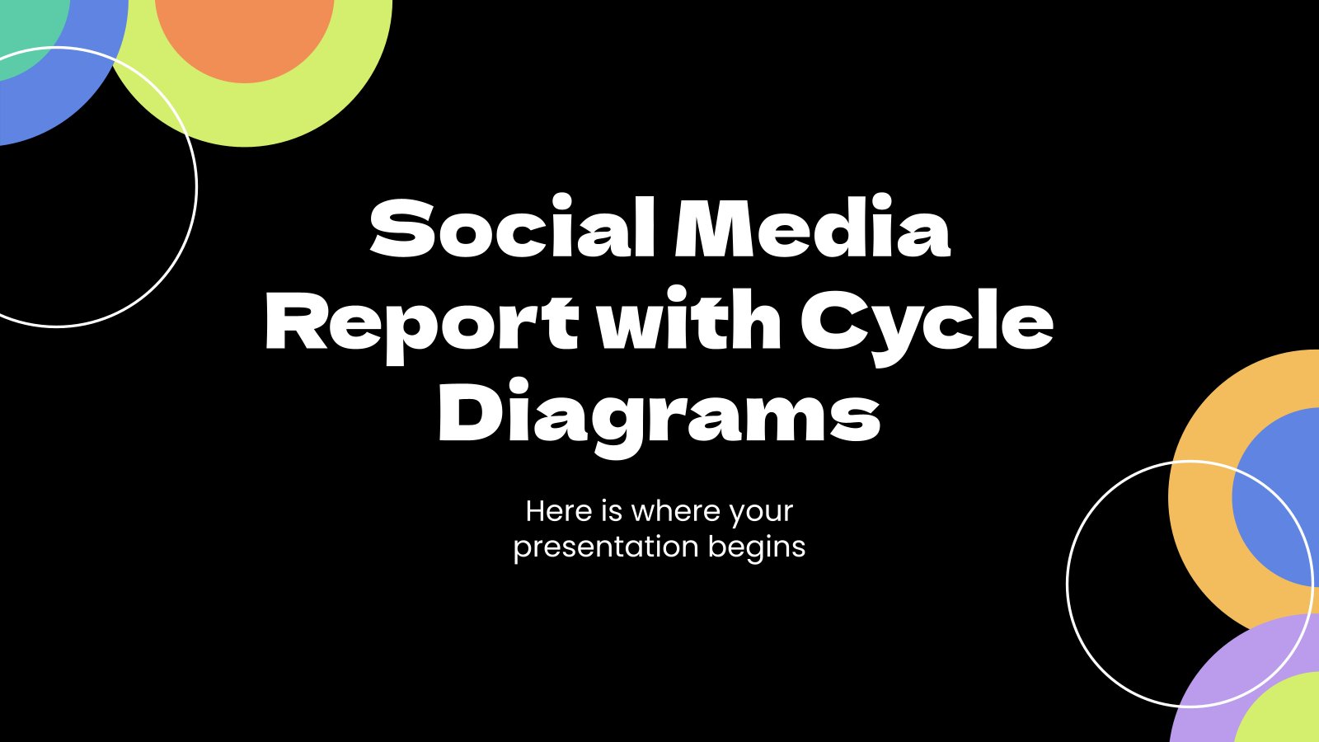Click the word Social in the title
pyautogui.click(x=512, y=227)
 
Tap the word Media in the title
pyautogui.click(x=813, y=227)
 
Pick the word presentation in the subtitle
pyautogui.click(x=607, y=547)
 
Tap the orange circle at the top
pyautogui.click(x=245, y=35)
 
